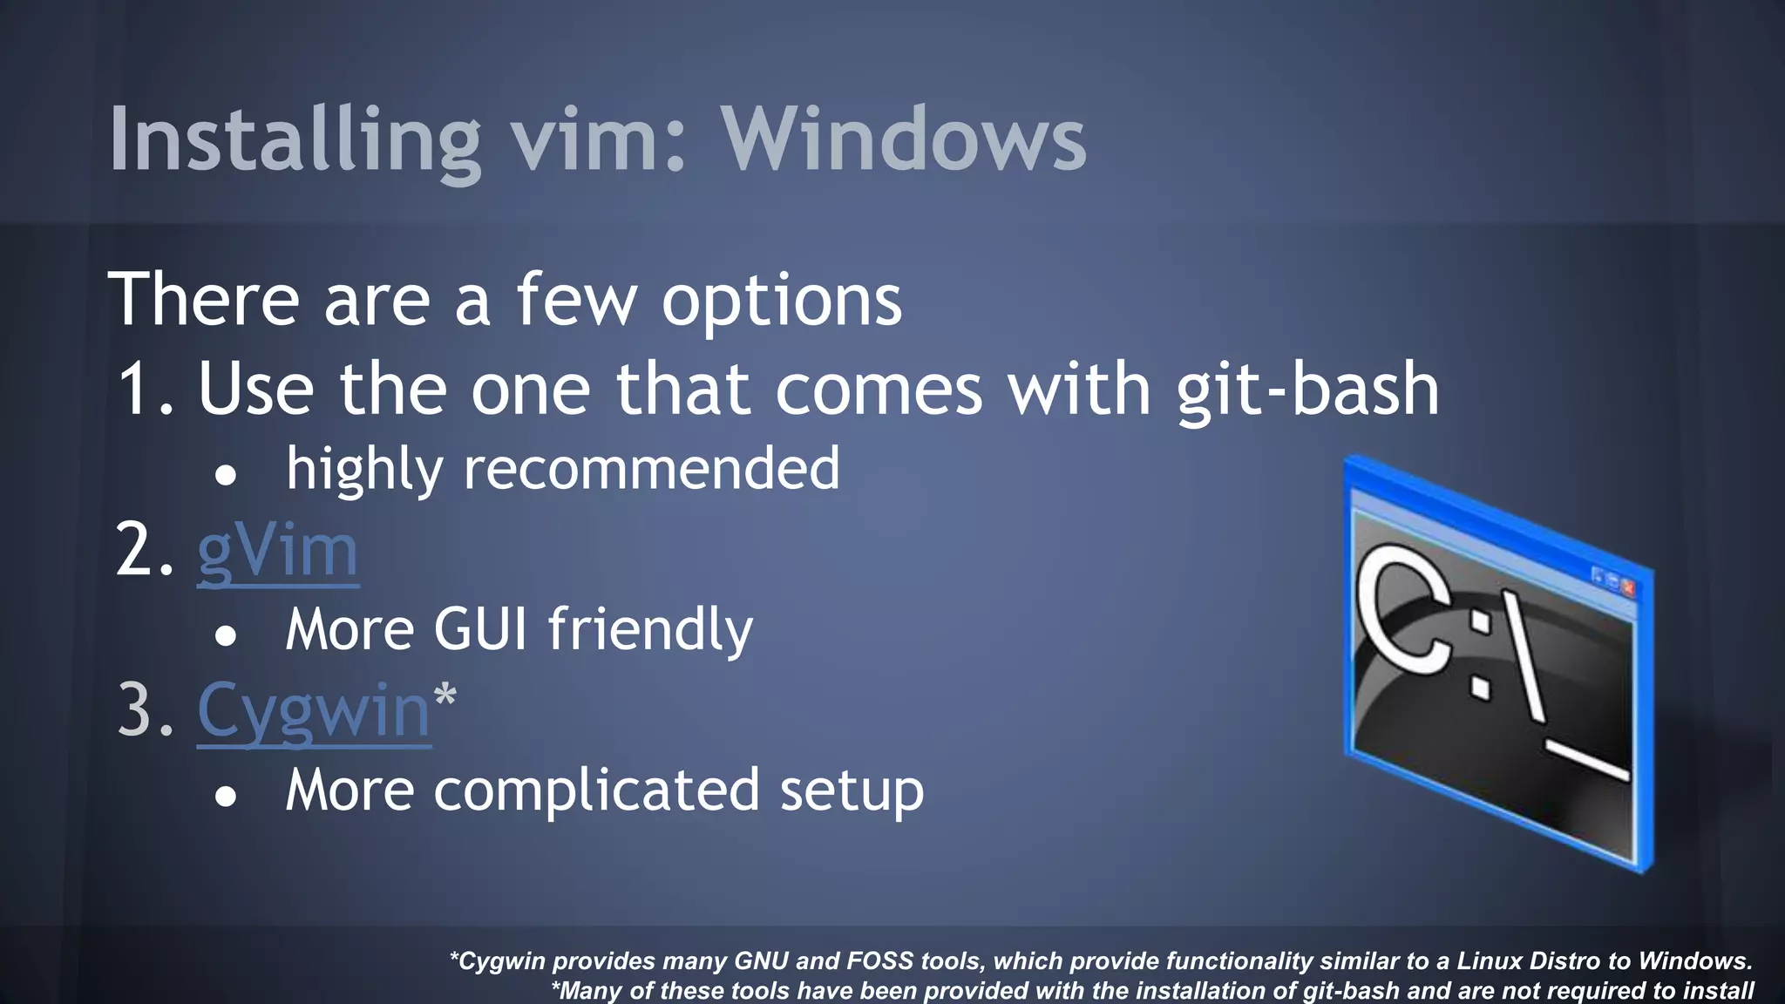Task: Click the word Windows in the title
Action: coord(903,139)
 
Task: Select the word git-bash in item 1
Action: coord(1307,390)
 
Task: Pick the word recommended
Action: coord(651,470)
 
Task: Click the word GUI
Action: coord(480,629)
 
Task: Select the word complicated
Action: coord(596,790)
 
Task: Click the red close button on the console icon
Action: coord(1627,588)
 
